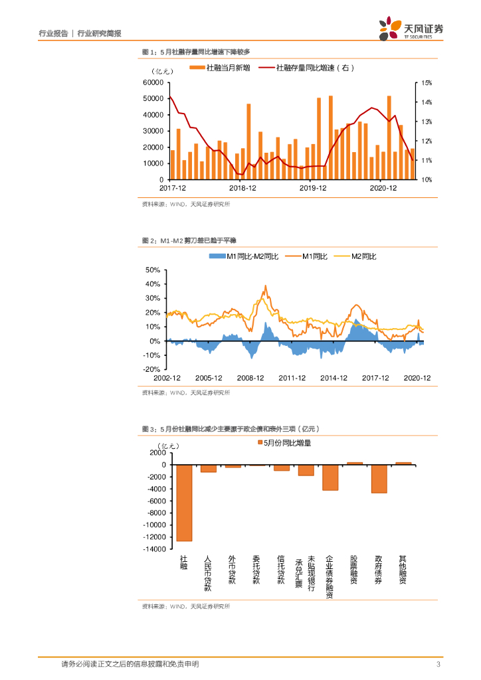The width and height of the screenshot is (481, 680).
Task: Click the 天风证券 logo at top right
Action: coord(411,29)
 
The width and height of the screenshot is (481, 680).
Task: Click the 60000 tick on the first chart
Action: coord(153,83)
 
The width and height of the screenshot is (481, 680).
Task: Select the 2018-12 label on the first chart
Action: coord(242,189)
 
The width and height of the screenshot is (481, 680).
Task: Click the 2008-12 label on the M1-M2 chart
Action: coord(250,378)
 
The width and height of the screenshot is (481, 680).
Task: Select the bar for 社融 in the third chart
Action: coord(184,503)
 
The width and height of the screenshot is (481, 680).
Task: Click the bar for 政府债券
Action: coord(379,479)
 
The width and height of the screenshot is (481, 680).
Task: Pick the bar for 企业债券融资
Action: coord(330,477)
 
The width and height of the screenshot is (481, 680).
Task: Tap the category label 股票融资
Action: coord(354,570)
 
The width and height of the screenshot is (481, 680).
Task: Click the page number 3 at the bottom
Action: coord(438,664)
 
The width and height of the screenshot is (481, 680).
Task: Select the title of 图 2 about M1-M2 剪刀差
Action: coord(189,240)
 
